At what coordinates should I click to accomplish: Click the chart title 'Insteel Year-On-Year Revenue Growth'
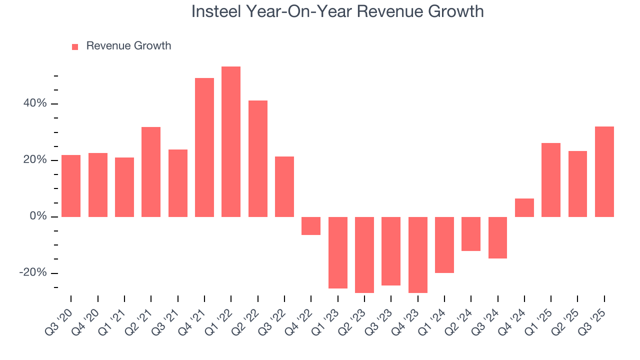(337, 11)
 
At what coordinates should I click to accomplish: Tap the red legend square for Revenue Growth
(75, 46)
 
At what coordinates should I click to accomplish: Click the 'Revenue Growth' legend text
(128, 46)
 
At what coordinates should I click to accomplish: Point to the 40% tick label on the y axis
(34, 104)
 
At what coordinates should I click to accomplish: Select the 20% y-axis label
(34, 160)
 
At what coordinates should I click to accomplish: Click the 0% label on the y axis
(37, 216)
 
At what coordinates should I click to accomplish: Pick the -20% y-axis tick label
(33, 273)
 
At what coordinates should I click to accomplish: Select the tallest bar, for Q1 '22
(231, 141)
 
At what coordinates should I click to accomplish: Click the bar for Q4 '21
(204, 147)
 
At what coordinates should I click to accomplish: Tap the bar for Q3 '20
(71, 186)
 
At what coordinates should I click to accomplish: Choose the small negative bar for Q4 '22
(311, 226)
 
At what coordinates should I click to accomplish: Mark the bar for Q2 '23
(364, 254)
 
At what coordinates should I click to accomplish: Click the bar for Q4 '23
(418, 254)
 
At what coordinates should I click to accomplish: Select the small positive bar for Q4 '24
(524, 207)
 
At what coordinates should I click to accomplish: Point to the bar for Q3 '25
(604, 171)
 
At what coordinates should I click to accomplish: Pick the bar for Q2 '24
(471, 233)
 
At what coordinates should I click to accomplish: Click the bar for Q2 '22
(258, 158)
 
